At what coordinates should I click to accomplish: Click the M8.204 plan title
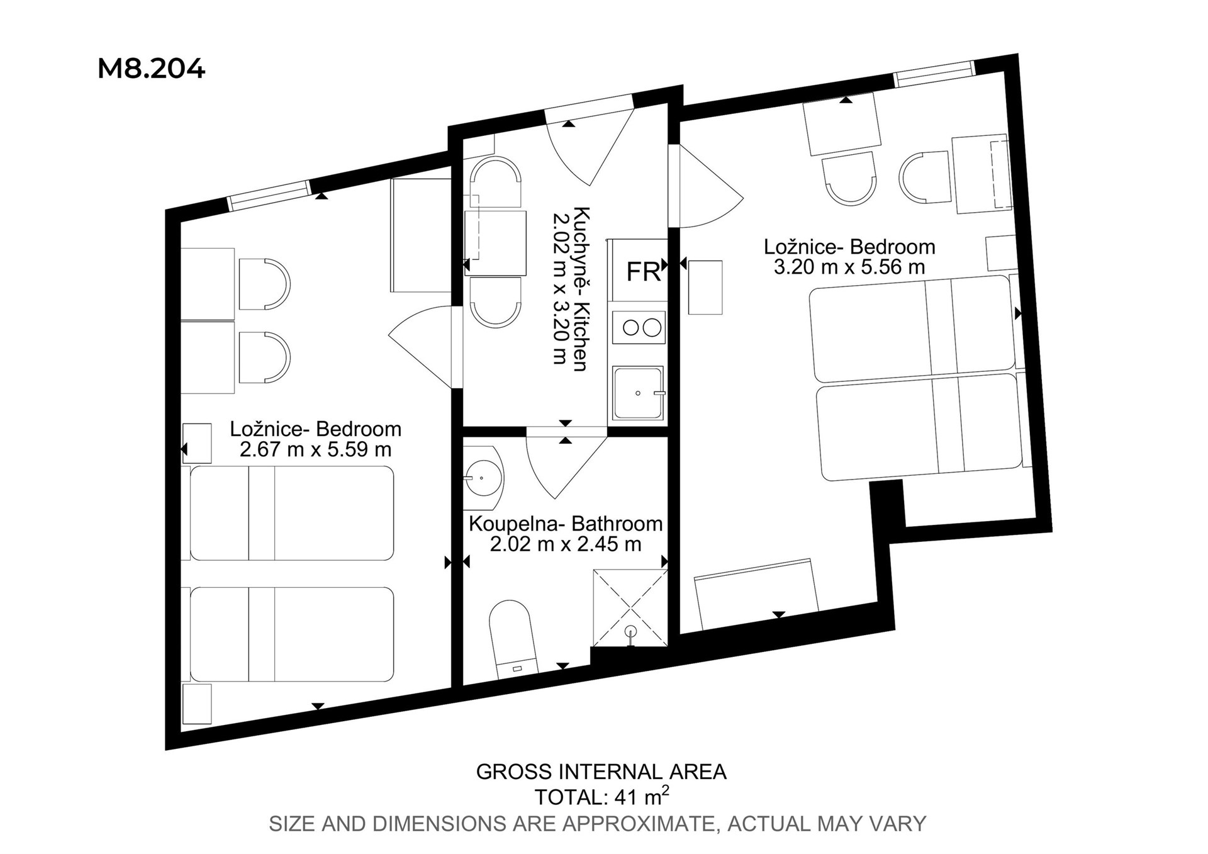pos(151,69)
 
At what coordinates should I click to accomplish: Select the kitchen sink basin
pos(639,393)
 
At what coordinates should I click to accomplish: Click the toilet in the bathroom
pos(512,639)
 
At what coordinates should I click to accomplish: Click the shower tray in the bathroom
pos(630,608)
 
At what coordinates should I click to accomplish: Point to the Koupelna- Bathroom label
pos(566,524)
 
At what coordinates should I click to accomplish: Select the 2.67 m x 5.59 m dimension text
pos(316,449)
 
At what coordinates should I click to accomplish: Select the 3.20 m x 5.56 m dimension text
pos(849,267)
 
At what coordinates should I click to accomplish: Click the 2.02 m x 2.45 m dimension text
pos(566,544)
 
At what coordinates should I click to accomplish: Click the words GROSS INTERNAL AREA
pos(601,772)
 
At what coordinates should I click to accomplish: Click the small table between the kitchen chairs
pos(495,243)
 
